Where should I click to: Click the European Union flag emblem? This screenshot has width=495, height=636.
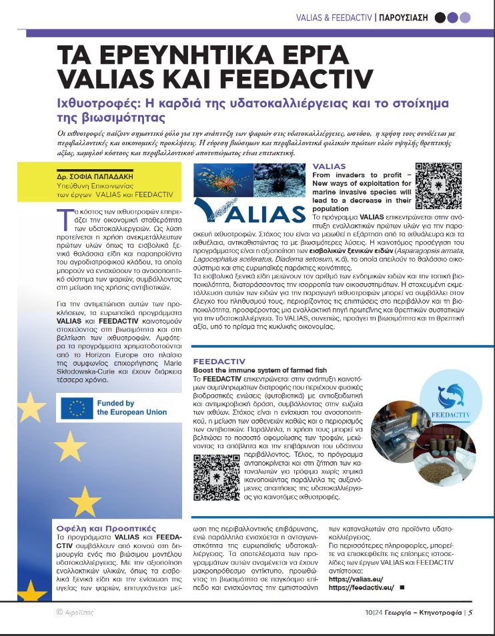coord(77,408)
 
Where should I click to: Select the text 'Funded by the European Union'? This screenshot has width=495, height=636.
coord(131,408)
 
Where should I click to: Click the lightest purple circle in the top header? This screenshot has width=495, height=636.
coord(465,18)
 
